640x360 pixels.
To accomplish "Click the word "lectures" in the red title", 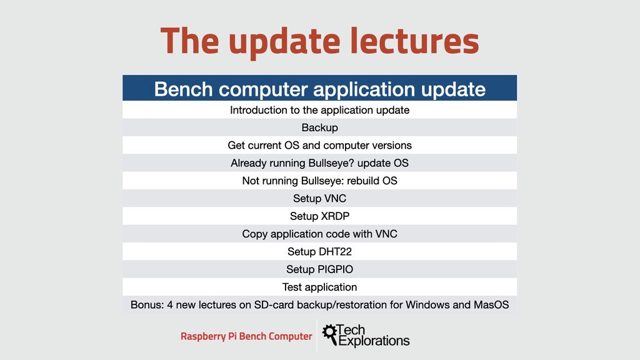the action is (x=415, y=41).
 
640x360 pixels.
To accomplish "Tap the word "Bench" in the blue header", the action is (x=183, y=89).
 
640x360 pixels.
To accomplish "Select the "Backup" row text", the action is (x=319, y=127).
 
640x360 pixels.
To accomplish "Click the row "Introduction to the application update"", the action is (x=319, y=110).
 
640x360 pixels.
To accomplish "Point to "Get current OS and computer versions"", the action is (x=319, y=145).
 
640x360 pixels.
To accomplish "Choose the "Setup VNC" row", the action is (x=319, y=198).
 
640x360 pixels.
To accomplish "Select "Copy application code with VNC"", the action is (x=319, y=234).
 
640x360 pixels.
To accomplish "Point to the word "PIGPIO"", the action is (x=336, y=269).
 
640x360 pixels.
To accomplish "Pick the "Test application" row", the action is (x=319, y=287).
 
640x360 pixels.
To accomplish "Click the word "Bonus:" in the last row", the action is (x=147, y=305).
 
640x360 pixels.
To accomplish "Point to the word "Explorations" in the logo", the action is (x=374, y=341).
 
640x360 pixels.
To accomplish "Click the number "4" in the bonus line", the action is (x=170, y=305).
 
